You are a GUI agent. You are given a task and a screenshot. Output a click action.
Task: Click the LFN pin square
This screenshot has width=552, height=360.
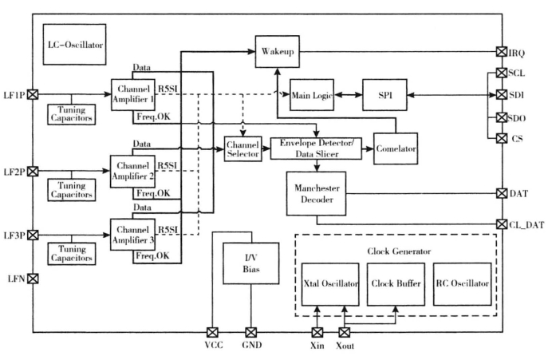(x=33, y=279)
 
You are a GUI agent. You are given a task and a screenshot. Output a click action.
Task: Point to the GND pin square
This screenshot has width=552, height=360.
(x=250, y=332)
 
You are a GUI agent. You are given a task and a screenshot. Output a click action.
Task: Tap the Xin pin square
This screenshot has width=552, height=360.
(x=317, y=332)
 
